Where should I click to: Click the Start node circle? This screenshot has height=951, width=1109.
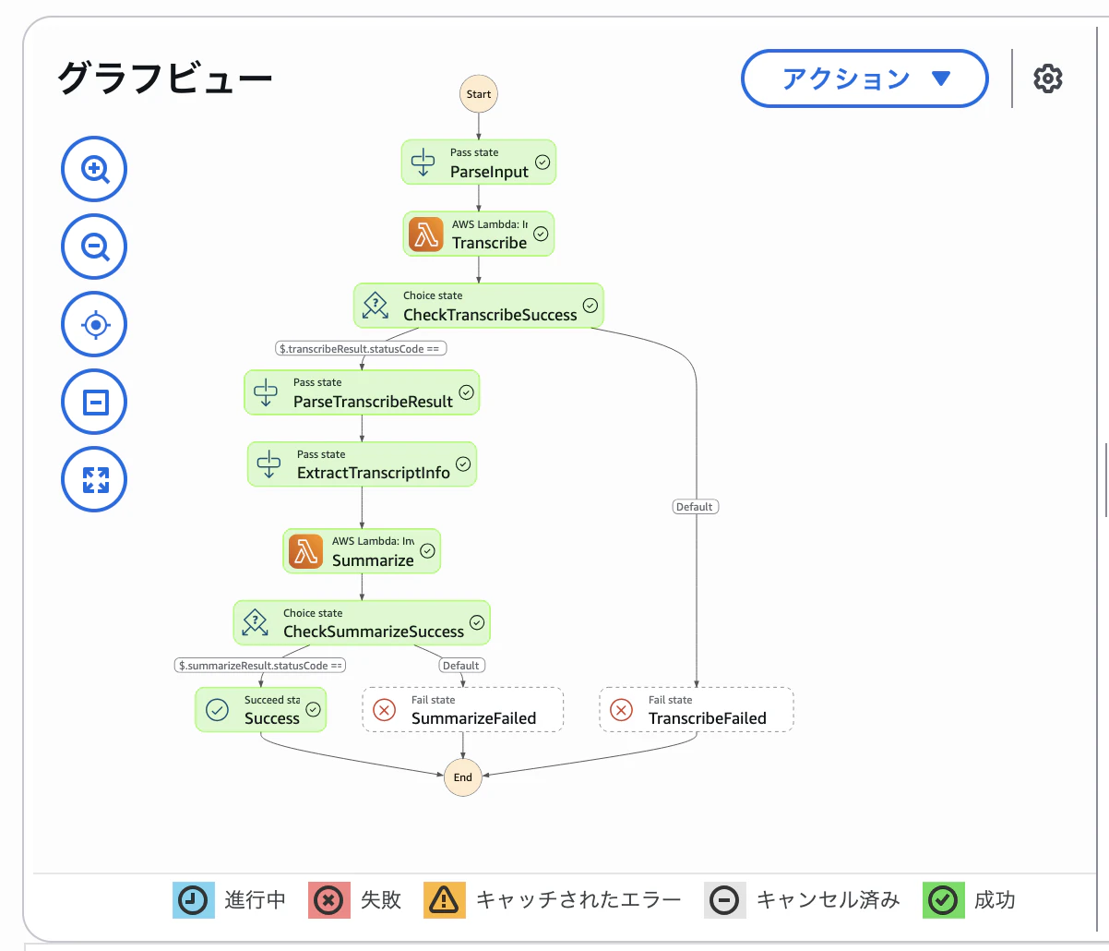tap(479, 94)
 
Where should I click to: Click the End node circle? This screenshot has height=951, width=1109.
tap(462, 777)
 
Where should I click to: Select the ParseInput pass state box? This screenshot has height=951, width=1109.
tap(479, 163)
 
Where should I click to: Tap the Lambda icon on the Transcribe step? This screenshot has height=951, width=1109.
tap(426, 235)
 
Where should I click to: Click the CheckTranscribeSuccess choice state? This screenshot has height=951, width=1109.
tap(479, 306)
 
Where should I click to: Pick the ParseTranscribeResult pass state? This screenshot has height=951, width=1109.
tap(362, 392)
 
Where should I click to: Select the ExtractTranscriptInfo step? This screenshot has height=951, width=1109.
tap(362, 463)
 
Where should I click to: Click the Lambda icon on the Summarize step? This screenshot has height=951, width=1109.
tap(305, 551)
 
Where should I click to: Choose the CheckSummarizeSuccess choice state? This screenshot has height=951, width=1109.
tap(362, 622)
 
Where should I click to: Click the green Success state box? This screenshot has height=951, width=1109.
tap(261, 709)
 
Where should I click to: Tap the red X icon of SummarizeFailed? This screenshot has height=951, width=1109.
tap(384, 710)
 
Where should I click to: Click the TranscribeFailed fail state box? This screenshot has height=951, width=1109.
tap(697, 709)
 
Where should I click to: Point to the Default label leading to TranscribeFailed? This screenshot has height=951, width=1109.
tap(696, 507)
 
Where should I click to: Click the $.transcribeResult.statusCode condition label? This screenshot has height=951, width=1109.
tap(361, 349)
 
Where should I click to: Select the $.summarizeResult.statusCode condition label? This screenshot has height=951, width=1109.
tap(260, 666)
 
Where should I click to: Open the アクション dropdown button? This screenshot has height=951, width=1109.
tap(865, 78)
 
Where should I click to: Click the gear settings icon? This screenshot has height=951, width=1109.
tap(1048, 78)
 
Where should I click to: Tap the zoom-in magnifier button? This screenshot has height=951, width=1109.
tap(94, 169)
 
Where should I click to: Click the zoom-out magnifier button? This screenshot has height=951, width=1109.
tap(94, 247)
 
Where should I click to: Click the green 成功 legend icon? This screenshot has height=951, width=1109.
tap(944, 900)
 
